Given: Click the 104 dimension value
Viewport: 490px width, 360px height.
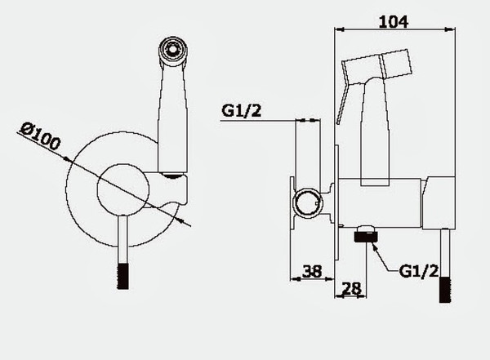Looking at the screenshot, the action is click(394, 22).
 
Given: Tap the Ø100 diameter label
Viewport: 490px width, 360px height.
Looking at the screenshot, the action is click(40, 136).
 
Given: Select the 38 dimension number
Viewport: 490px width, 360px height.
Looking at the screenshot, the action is click(312, 271).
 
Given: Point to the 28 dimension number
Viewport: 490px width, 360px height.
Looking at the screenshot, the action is click(351, 288).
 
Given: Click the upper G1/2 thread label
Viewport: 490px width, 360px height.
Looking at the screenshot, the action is click(241, 110).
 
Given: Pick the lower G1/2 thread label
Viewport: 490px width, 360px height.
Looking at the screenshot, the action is click(419, 271).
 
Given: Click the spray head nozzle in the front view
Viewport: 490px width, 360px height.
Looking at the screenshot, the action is click(173, 50).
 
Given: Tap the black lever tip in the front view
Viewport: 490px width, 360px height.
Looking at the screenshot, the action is click(122, 276).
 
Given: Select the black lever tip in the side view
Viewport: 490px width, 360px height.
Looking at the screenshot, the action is click(445, 289).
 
